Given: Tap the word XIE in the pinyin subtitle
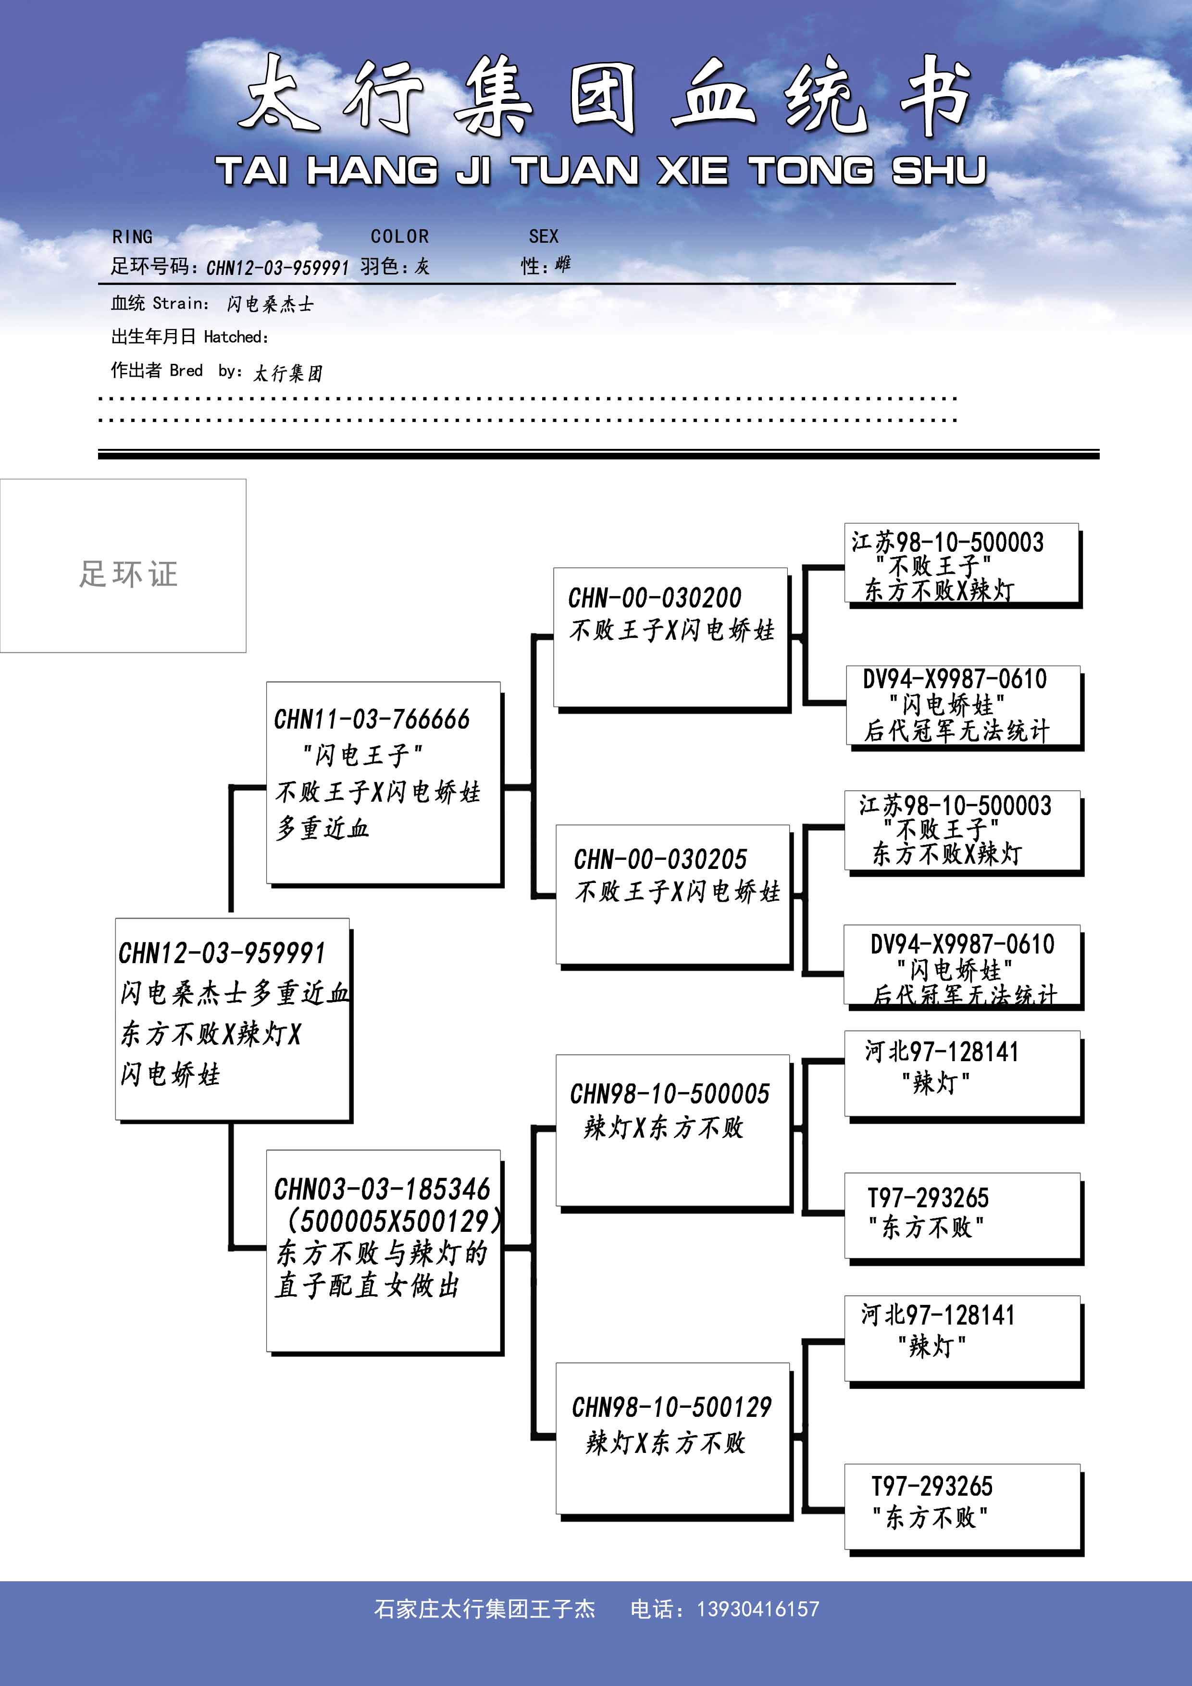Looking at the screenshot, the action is [x=693, y=171].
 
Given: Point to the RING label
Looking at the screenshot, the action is [x=133, y=236].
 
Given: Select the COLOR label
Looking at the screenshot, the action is [x=399, y=236].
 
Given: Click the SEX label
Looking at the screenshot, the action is [x=544, y=236].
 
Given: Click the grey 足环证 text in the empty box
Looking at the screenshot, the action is [x=128, y=573].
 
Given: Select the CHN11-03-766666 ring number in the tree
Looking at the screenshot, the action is [x=372, y=719].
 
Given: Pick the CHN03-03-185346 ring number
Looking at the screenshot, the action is [x=382, y=1189].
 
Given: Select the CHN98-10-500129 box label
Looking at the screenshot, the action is [x=672, y=1407].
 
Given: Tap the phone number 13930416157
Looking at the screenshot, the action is [x=758, y=1609].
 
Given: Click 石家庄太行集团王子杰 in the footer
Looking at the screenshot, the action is [x=485, y=1609].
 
